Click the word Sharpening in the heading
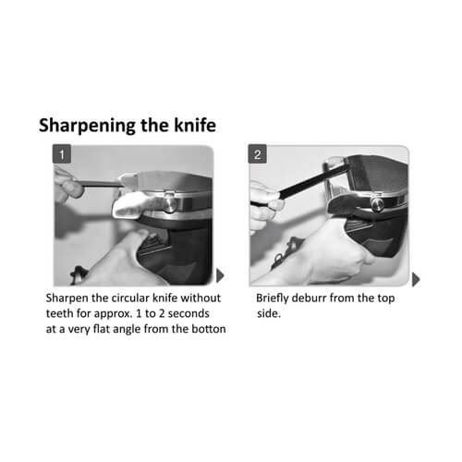click(x=87, y=126)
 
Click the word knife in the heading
click(x=195, y=125)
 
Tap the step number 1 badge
click(x=62, y=154)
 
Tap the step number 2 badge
click(x=258, y=154)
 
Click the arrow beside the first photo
click(x=220, y=275)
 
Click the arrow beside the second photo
click(x=416, y=279)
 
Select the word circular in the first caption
click(x=130, y=298)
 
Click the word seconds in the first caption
click(x=188, y=313)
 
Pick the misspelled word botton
click(x=209, y=329)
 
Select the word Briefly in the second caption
click(x=273, y=298)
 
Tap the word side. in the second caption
click(x=269, y=313)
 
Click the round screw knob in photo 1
click(x=170, y=203)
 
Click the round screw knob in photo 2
click(x=377, y=204)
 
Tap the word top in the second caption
click(x=386, y=298)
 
